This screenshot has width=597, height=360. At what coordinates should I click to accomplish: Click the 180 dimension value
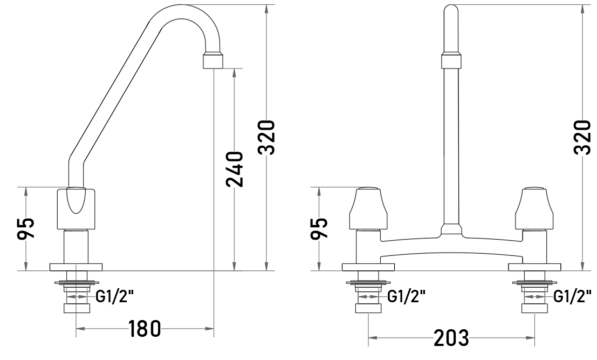pyautogui.click(x=145, y=328)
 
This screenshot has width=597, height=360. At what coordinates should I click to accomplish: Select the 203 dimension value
pyautogui.click(x=451, y=337)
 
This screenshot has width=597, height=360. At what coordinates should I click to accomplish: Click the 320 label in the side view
pyautogui.click(x=266, y=138)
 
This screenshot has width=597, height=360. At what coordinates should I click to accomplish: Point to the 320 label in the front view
pyautogui.click(x=582, y=138)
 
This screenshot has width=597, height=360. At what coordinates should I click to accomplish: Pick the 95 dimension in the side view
pyautogui.click(x=26, y=228)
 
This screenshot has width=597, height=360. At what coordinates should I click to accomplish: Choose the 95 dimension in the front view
pyautogui.click(x=319, y=228)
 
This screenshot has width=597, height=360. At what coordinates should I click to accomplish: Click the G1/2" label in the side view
pyautogui.click(x=114, y=296)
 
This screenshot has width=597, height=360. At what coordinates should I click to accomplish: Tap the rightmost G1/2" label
pyautogui.click(x=572, y=296)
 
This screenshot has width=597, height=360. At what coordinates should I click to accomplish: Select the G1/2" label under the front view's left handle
pyautogui.click(x=406, y=296)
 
